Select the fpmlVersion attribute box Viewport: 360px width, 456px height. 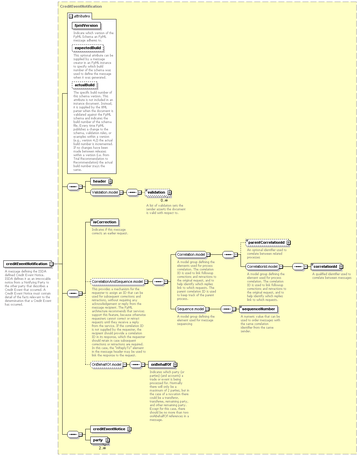(x=86, y=25)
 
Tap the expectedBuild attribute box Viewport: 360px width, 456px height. (x=88, y=48)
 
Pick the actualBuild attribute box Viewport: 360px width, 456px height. (x=84, y=85)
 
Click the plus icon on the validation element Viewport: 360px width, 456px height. (x=170, y=193)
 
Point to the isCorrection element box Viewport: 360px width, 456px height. (x=104, y=222)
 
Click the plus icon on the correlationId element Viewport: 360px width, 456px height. (x=341, y=266)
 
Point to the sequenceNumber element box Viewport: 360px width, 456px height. (x=258, y=309)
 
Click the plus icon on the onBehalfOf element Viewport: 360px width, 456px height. (x=175, y=364)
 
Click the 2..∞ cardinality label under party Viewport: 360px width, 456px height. (x=102, y=448)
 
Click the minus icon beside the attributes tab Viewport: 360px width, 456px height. (x=71, y=16)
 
